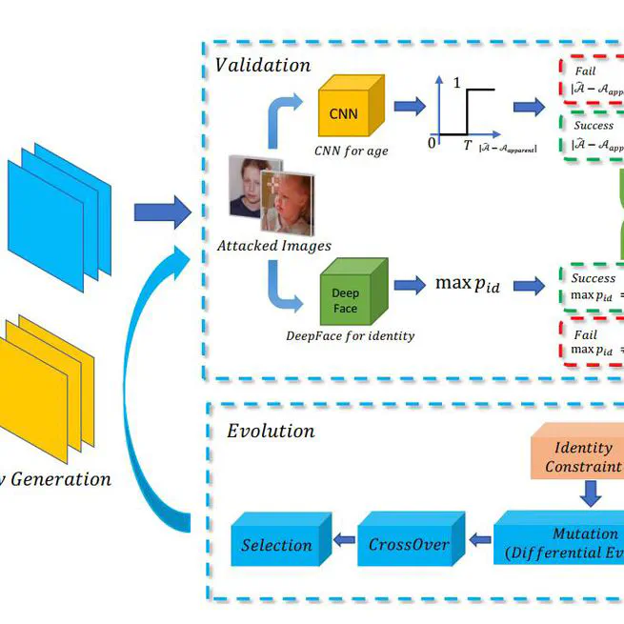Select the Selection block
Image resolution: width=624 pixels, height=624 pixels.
pyautogui.click(x=277, y=544)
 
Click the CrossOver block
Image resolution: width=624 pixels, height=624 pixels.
pyautogui.click(x=409, y=544)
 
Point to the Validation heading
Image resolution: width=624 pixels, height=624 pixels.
pyautogui.click(x=263, y=66)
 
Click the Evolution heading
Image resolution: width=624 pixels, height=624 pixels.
pyautogui.click(x=271, y=431)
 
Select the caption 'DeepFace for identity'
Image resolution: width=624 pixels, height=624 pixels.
pyautogui.click(x=350, y=335)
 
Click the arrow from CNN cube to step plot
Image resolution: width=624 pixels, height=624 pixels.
pyautogui.click(x=410, y=106)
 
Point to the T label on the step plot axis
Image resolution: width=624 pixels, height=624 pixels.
pyautogui.click(x=468, y=145)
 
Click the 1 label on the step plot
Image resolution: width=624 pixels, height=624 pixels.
pyautogui.click(x=457, y=83)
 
